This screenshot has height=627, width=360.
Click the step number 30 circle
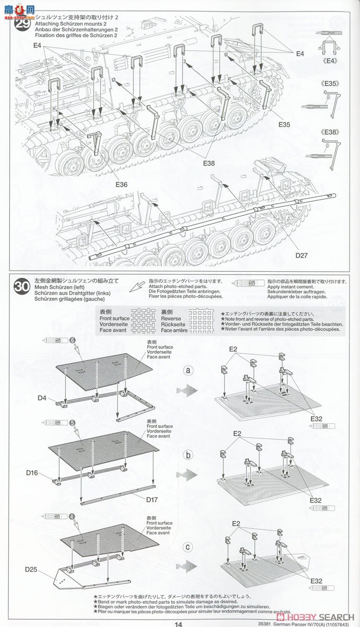[21, 286]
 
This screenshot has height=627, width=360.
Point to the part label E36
[121, 184]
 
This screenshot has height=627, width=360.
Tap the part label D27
[301, 256]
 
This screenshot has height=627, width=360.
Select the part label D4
[42, 398]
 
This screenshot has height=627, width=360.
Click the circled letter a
[189, 370]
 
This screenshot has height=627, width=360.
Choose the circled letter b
[189, 455]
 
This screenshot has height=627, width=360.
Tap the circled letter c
[189, 547]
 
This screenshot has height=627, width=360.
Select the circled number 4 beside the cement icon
[72, 516]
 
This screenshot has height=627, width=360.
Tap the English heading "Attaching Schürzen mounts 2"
[71, 24]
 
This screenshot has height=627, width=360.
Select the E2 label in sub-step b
[238, 434]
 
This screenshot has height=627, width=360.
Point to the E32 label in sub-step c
[315, 580]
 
